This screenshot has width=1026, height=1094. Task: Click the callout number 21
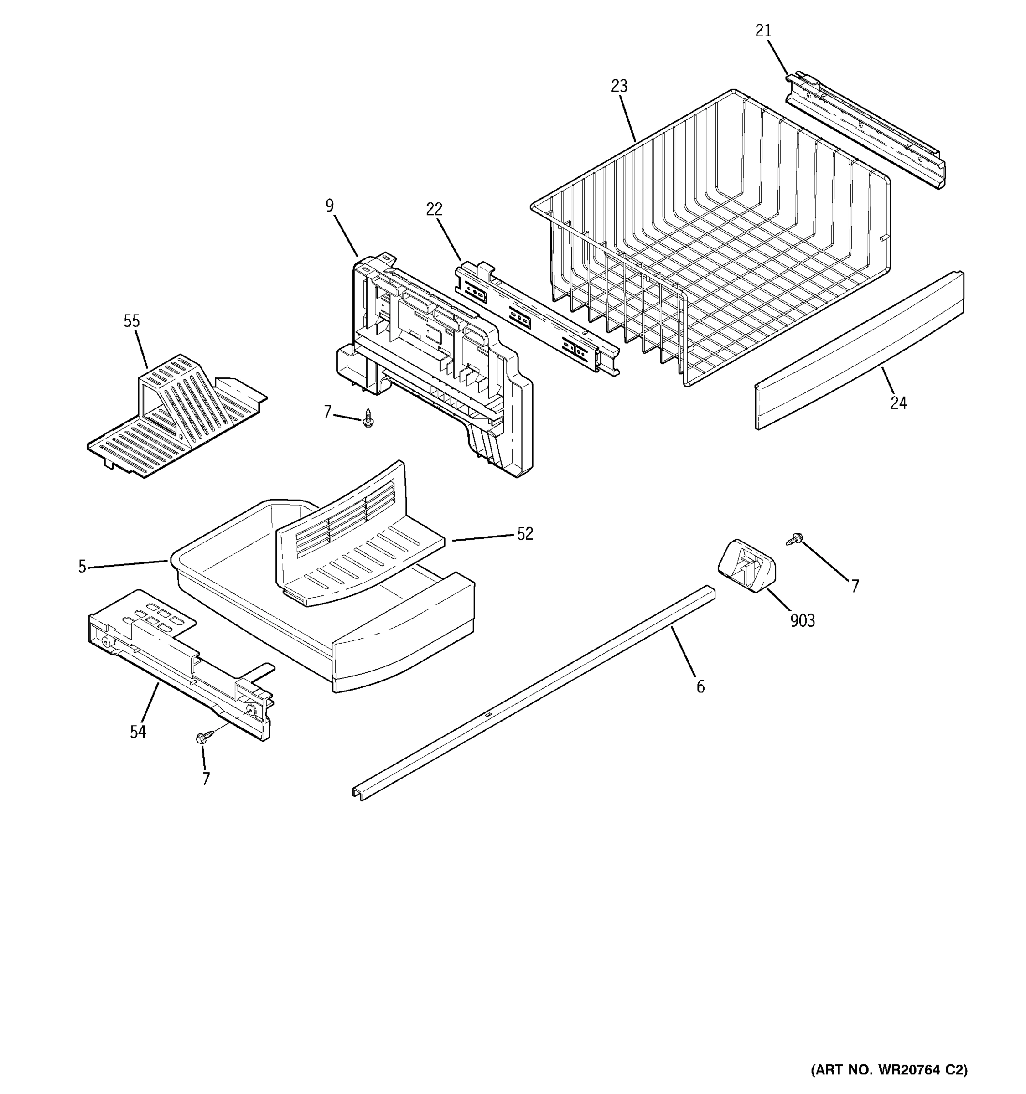point(763,31)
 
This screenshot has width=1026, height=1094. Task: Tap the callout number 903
point(802,621)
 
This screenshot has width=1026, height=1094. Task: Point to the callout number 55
point(131,321)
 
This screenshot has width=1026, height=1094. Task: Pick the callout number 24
point(898,403)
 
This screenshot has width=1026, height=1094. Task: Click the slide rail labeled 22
point(537,319)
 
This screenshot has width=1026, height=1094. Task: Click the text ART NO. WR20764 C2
point(888,1070)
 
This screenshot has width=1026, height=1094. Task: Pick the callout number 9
point(329,206)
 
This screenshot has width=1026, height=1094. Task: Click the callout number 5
point(82,566)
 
